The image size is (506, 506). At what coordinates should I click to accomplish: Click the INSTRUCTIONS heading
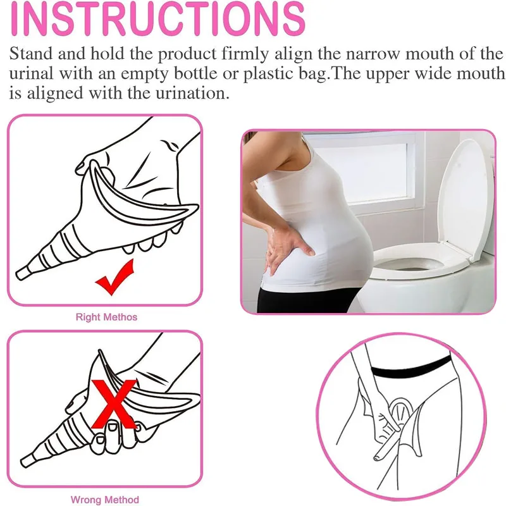157,19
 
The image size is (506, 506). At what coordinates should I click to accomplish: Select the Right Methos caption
106,316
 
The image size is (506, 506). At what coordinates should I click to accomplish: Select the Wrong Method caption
105,500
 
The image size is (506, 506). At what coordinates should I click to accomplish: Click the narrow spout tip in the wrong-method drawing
27,459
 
